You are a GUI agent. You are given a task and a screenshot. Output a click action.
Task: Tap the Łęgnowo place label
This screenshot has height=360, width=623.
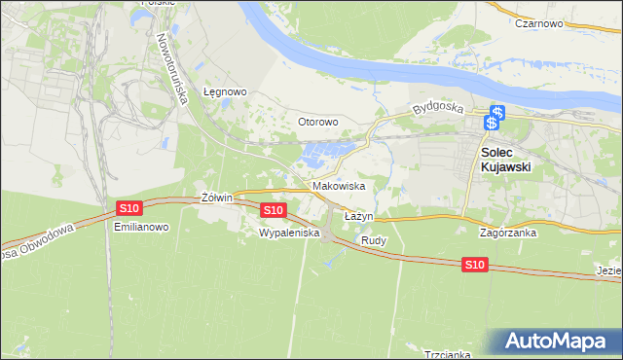(225, 92)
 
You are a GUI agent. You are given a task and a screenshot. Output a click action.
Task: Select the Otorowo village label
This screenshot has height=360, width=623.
(317, 122)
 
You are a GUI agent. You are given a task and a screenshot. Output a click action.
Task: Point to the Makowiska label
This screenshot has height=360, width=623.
(339, 185)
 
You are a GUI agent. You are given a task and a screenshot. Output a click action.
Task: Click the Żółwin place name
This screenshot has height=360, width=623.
(216, 198)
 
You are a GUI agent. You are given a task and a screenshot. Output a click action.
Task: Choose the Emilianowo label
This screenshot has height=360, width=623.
(142, 227)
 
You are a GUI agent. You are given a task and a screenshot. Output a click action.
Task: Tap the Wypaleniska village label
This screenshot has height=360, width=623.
(283, 234)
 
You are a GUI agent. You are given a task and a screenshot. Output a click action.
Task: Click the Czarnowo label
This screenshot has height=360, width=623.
(541, 22)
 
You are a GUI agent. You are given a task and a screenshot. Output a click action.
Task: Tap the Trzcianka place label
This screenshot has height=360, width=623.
(447, 354)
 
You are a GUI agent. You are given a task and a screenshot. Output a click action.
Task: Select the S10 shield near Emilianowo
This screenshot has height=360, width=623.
(129, 208)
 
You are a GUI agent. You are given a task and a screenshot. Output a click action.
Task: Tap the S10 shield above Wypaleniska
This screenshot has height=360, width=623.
(274, 209)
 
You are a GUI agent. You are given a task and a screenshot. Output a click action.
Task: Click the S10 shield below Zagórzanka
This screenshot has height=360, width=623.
(474, 265)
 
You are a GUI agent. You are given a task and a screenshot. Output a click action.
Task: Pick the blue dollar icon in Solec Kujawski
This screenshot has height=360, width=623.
(495, 116)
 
